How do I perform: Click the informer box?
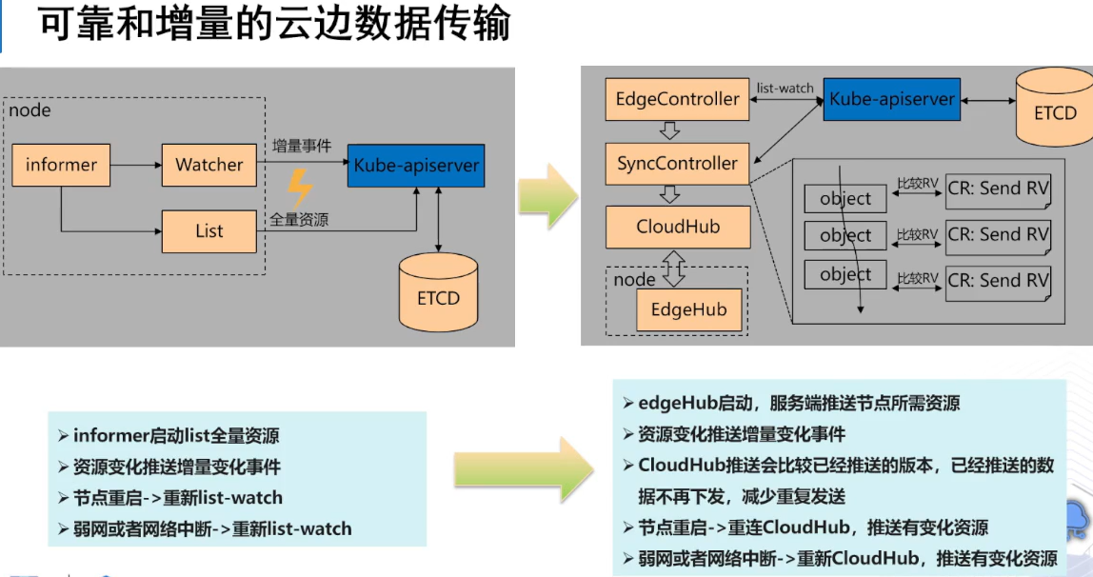[x=61, y=165]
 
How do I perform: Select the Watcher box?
[x=209, y=165]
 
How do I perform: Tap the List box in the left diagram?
[x=209, y=231]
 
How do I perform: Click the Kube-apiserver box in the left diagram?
[x=416, y=166]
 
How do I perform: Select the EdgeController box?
[x=677, y=99]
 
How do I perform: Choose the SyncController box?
[x=677, y=163]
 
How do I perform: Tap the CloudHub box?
[x=677, y=227]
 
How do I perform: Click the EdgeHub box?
[x=688, y=309]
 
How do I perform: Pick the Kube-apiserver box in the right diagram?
[x=890, y=99]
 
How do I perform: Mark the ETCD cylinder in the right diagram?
[x=1054, y=108]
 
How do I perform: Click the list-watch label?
[x=785, y=88]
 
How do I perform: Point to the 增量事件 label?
[x=301, y=147]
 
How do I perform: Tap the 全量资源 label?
[x=299, y=219]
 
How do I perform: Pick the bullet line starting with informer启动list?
[x=176, y=436]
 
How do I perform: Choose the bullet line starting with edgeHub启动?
[x=800, y=403]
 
